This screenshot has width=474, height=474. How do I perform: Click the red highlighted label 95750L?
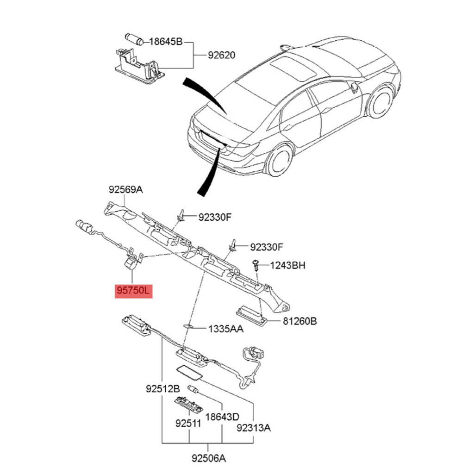(133, 291)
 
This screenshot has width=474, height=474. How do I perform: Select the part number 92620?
(221, 55)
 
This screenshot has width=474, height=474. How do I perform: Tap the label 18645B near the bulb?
(166, 42)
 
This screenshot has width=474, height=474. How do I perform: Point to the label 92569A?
(125, 189)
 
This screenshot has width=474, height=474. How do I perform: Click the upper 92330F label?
(215, 217)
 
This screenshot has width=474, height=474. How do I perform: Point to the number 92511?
(188, 423)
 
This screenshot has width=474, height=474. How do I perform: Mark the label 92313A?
(253, 428)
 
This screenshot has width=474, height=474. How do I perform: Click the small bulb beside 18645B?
(133, 39)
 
